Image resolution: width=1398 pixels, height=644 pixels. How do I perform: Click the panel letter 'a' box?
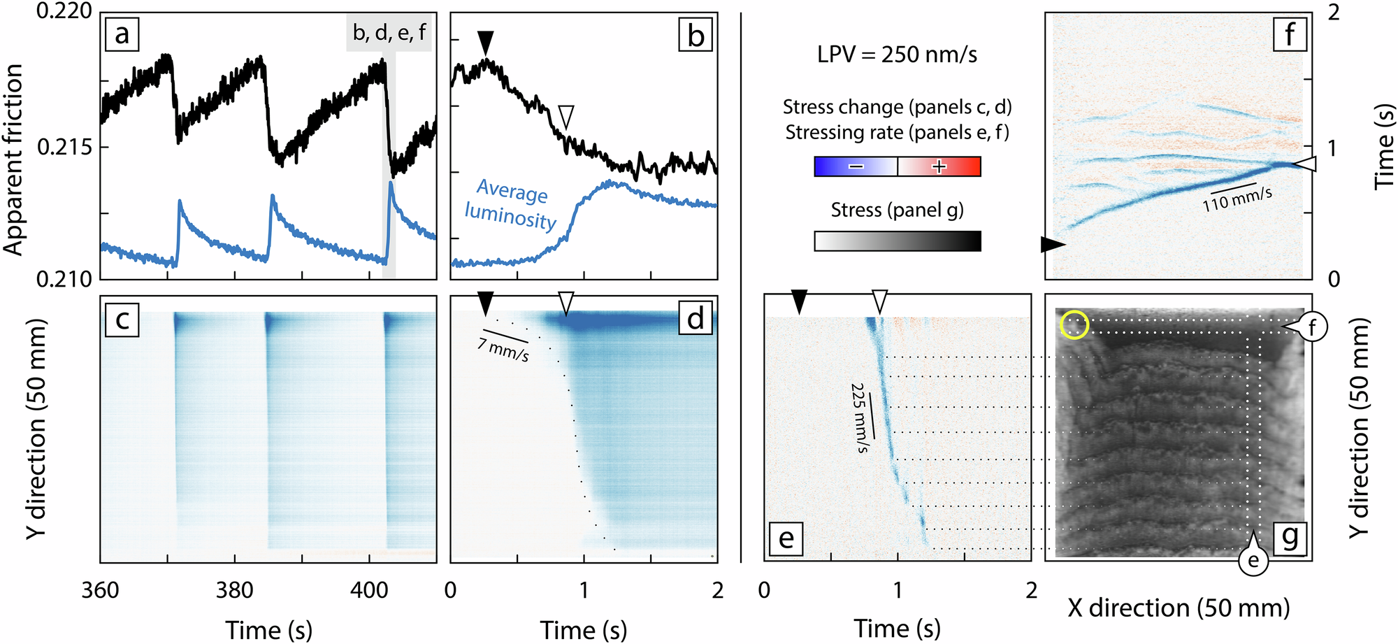(122, 34)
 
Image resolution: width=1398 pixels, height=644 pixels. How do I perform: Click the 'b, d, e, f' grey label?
(389, 33)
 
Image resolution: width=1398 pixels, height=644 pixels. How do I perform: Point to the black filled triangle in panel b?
(487, 43)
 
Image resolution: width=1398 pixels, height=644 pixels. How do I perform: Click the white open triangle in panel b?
(566, 117)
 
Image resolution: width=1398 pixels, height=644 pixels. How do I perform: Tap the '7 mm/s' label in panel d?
(504, 348)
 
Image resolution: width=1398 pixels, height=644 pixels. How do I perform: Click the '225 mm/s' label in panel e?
(860, 418)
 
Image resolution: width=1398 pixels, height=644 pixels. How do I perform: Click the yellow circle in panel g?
(1074, 325)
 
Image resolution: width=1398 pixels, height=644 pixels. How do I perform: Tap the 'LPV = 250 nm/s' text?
(898, 55)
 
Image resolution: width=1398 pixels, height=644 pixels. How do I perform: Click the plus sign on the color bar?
(939, 166)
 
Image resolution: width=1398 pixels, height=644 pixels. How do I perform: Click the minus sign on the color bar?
(856, 166)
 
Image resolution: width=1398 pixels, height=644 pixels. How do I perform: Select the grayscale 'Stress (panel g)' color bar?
(898, 241)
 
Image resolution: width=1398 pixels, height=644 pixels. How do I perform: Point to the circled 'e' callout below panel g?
(1253, 561)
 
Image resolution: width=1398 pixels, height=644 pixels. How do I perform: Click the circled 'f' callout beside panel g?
(1313, 327)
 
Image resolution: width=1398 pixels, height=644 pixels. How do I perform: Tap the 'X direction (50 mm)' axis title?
(1179, 608)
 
